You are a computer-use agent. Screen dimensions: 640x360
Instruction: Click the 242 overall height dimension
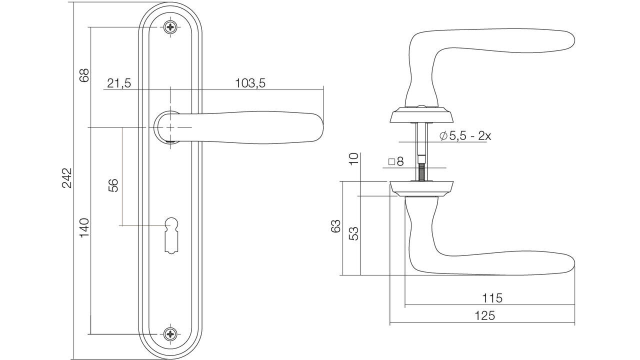[67, 177]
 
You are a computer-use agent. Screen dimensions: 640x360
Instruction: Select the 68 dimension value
[84, 75]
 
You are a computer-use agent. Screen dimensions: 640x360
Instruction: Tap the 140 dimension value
[84, 227]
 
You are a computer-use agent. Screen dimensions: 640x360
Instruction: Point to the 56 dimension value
[113, 185]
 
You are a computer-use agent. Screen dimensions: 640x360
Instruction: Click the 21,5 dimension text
[119, 83]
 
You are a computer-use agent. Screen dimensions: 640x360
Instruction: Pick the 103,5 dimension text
[250, 83]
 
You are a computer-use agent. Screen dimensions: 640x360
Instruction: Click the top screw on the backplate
[170, 27]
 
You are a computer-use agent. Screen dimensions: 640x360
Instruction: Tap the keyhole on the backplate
[171, 235]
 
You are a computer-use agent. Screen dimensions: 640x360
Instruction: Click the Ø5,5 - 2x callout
[465, 136]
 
